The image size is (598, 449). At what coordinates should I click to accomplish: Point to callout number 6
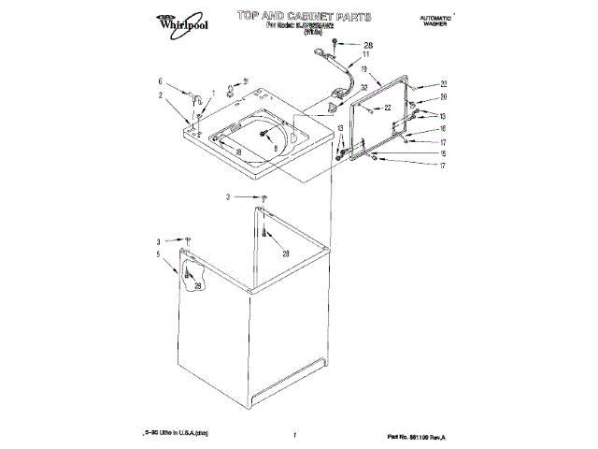160,81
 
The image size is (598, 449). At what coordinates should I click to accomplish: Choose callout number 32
363,86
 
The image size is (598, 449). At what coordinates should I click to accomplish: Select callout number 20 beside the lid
444,97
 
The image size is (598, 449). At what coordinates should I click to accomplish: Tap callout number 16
444,128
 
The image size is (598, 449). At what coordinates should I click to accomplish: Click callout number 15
444,153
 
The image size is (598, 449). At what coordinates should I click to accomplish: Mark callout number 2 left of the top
160,94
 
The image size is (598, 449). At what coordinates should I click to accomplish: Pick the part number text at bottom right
417,437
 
